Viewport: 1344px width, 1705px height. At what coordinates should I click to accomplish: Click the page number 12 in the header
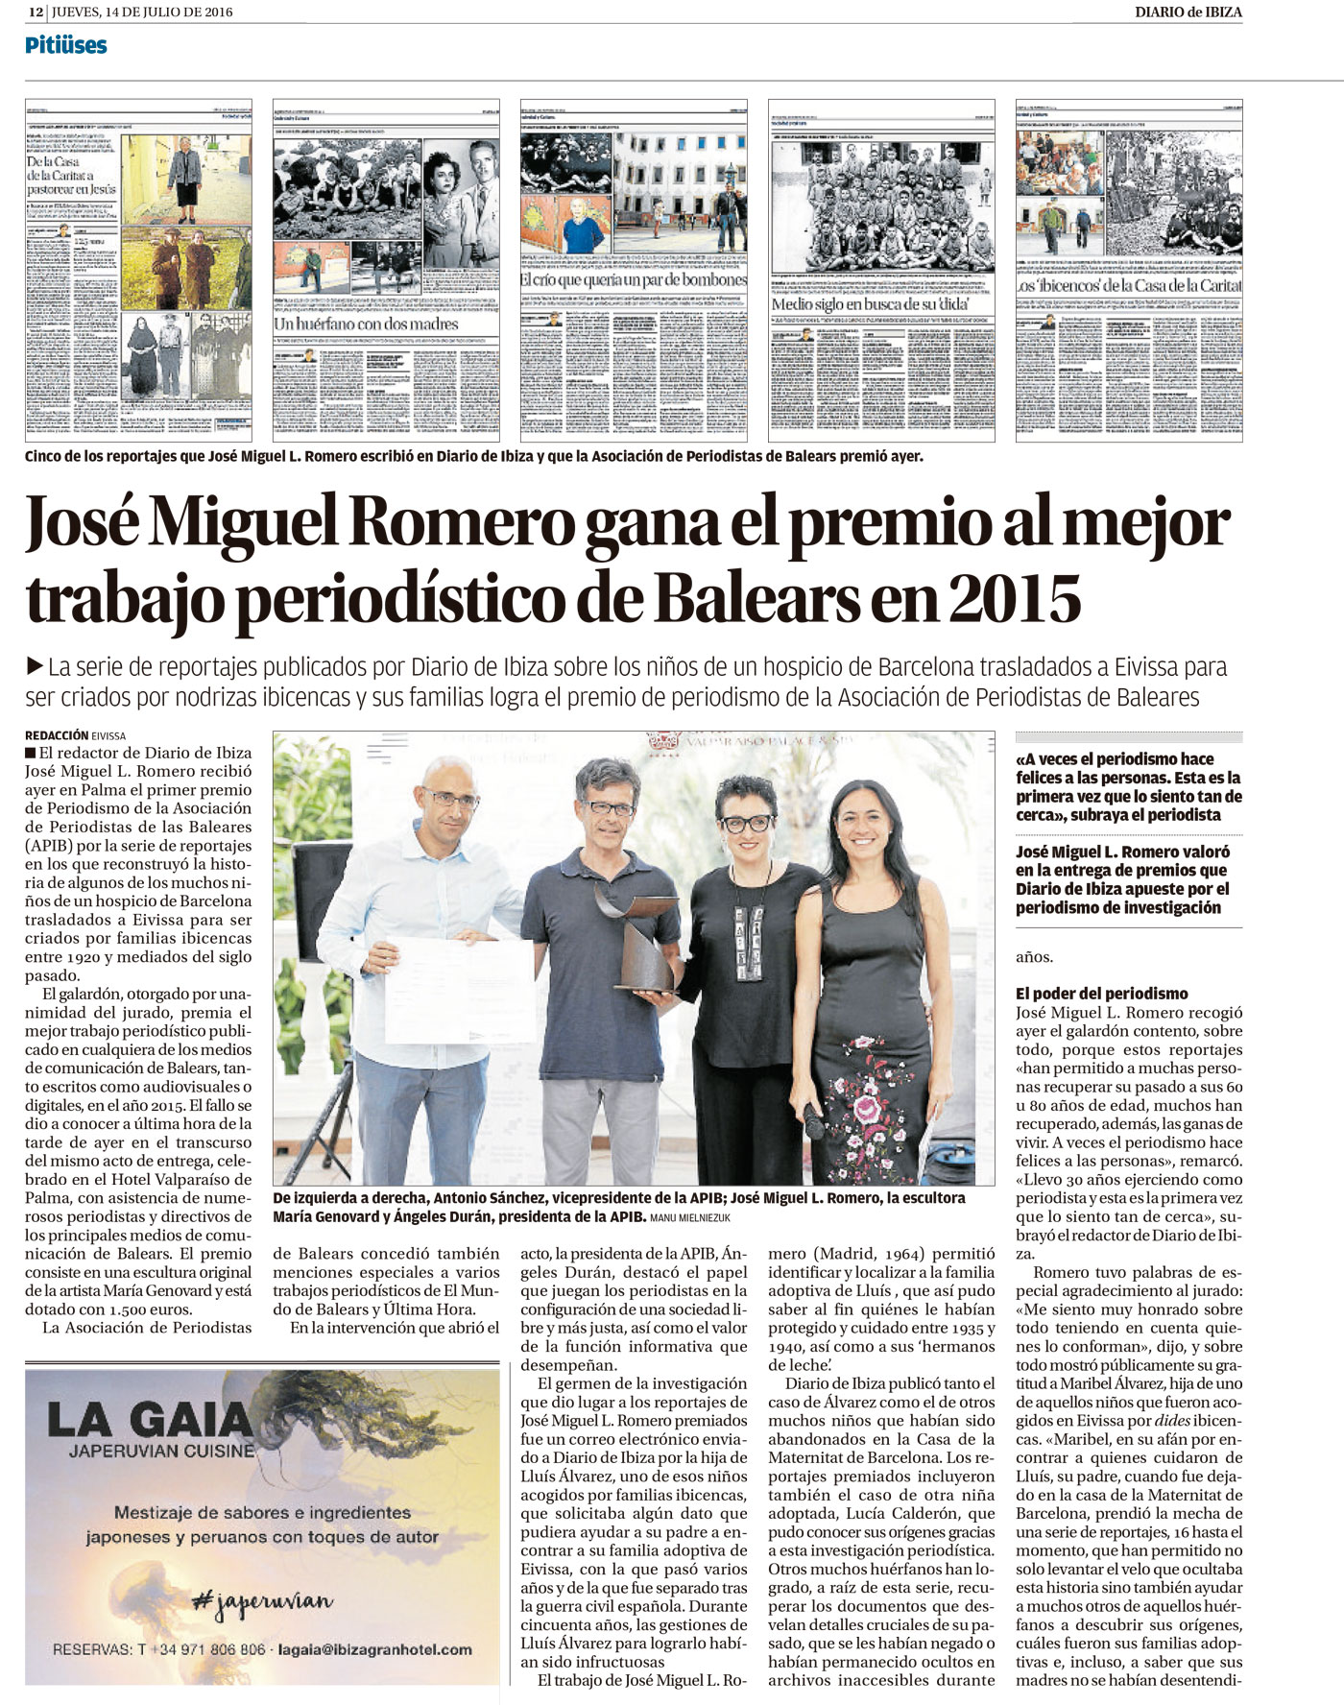pos(36,12)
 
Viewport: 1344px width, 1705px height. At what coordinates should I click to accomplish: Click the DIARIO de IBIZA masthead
pos(1188,12)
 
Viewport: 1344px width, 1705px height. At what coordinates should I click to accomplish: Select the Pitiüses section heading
pos(65,45)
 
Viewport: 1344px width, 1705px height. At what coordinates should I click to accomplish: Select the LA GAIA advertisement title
pos(149,1419)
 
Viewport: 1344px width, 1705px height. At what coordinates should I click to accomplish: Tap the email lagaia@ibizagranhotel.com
pos(374,1649)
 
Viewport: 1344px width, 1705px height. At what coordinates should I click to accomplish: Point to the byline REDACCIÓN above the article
pos(57,735)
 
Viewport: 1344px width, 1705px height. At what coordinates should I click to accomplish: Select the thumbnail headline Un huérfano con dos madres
pos(368,324)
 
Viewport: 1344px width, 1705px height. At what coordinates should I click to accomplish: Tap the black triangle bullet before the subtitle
pos(36,665)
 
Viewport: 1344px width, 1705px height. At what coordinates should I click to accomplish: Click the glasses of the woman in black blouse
pos(746,823)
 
